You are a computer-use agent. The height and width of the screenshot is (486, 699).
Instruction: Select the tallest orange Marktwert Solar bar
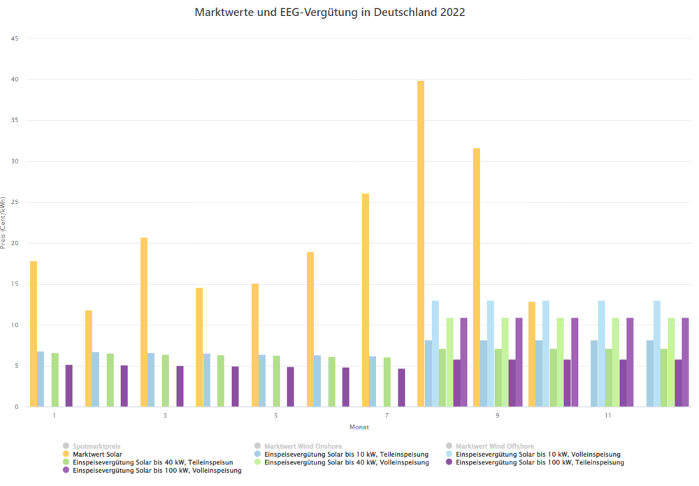[x=421, y=244]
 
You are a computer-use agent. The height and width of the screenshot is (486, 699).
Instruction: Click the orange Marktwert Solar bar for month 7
[x=366, y=300]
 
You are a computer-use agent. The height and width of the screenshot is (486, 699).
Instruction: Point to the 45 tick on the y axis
[x=15, y=38]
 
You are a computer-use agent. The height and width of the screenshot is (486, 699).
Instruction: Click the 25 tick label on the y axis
[x=15, y=202]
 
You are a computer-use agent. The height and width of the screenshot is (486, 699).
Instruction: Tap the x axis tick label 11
[x=608, y=416]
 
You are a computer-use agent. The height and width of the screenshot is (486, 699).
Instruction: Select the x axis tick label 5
[x=276, y=416]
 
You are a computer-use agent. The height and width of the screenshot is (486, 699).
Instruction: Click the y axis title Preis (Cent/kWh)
[x=5, y=223]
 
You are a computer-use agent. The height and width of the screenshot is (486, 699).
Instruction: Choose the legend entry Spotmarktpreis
[x=92, y=445]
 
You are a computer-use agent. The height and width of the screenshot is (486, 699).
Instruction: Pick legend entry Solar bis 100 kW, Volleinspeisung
[x=157, y=471]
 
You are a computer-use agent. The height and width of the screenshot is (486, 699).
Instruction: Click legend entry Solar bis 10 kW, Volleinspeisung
[x=538, y=454]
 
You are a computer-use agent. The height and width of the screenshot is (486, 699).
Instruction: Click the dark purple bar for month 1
[x=69, y=386]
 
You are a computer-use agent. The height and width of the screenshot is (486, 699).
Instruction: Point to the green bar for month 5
[x=276, y=381]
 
